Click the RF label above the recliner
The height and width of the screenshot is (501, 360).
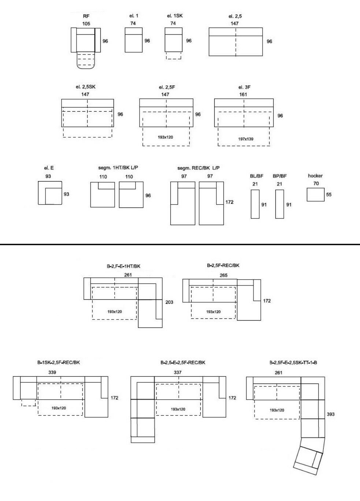click(86, 16)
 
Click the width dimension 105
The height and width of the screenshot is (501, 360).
click(86, 23)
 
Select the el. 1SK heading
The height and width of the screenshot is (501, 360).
click(175, 16)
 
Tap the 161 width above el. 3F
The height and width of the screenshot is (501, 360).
click(243, 94)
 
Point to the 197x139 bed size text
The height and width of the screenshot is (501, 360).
click(246, 139)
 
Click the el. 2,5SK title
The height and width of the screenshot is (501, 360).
click(86, 87)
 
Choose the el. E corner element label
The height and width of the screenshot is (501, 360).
click(49, 168)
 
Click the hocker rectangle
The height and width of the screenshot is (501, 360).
click(315, 194)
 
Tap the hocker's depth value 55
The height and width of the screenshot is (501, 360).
click(329, 195)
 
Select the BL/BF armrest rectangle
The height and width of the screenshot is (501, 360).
click(255, 204)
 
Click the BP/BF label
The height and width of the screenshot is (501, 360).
click(280, 176)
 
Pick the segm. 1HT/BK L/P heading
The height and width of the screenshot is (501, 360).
click(118, 168)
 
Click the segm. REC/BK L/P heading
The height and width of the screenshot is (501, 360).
click(198, 168)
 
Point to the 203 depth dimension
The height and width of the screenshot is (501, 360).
click(169, 302)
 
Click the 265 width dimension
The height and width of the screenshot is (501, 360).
click(224, 275)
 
